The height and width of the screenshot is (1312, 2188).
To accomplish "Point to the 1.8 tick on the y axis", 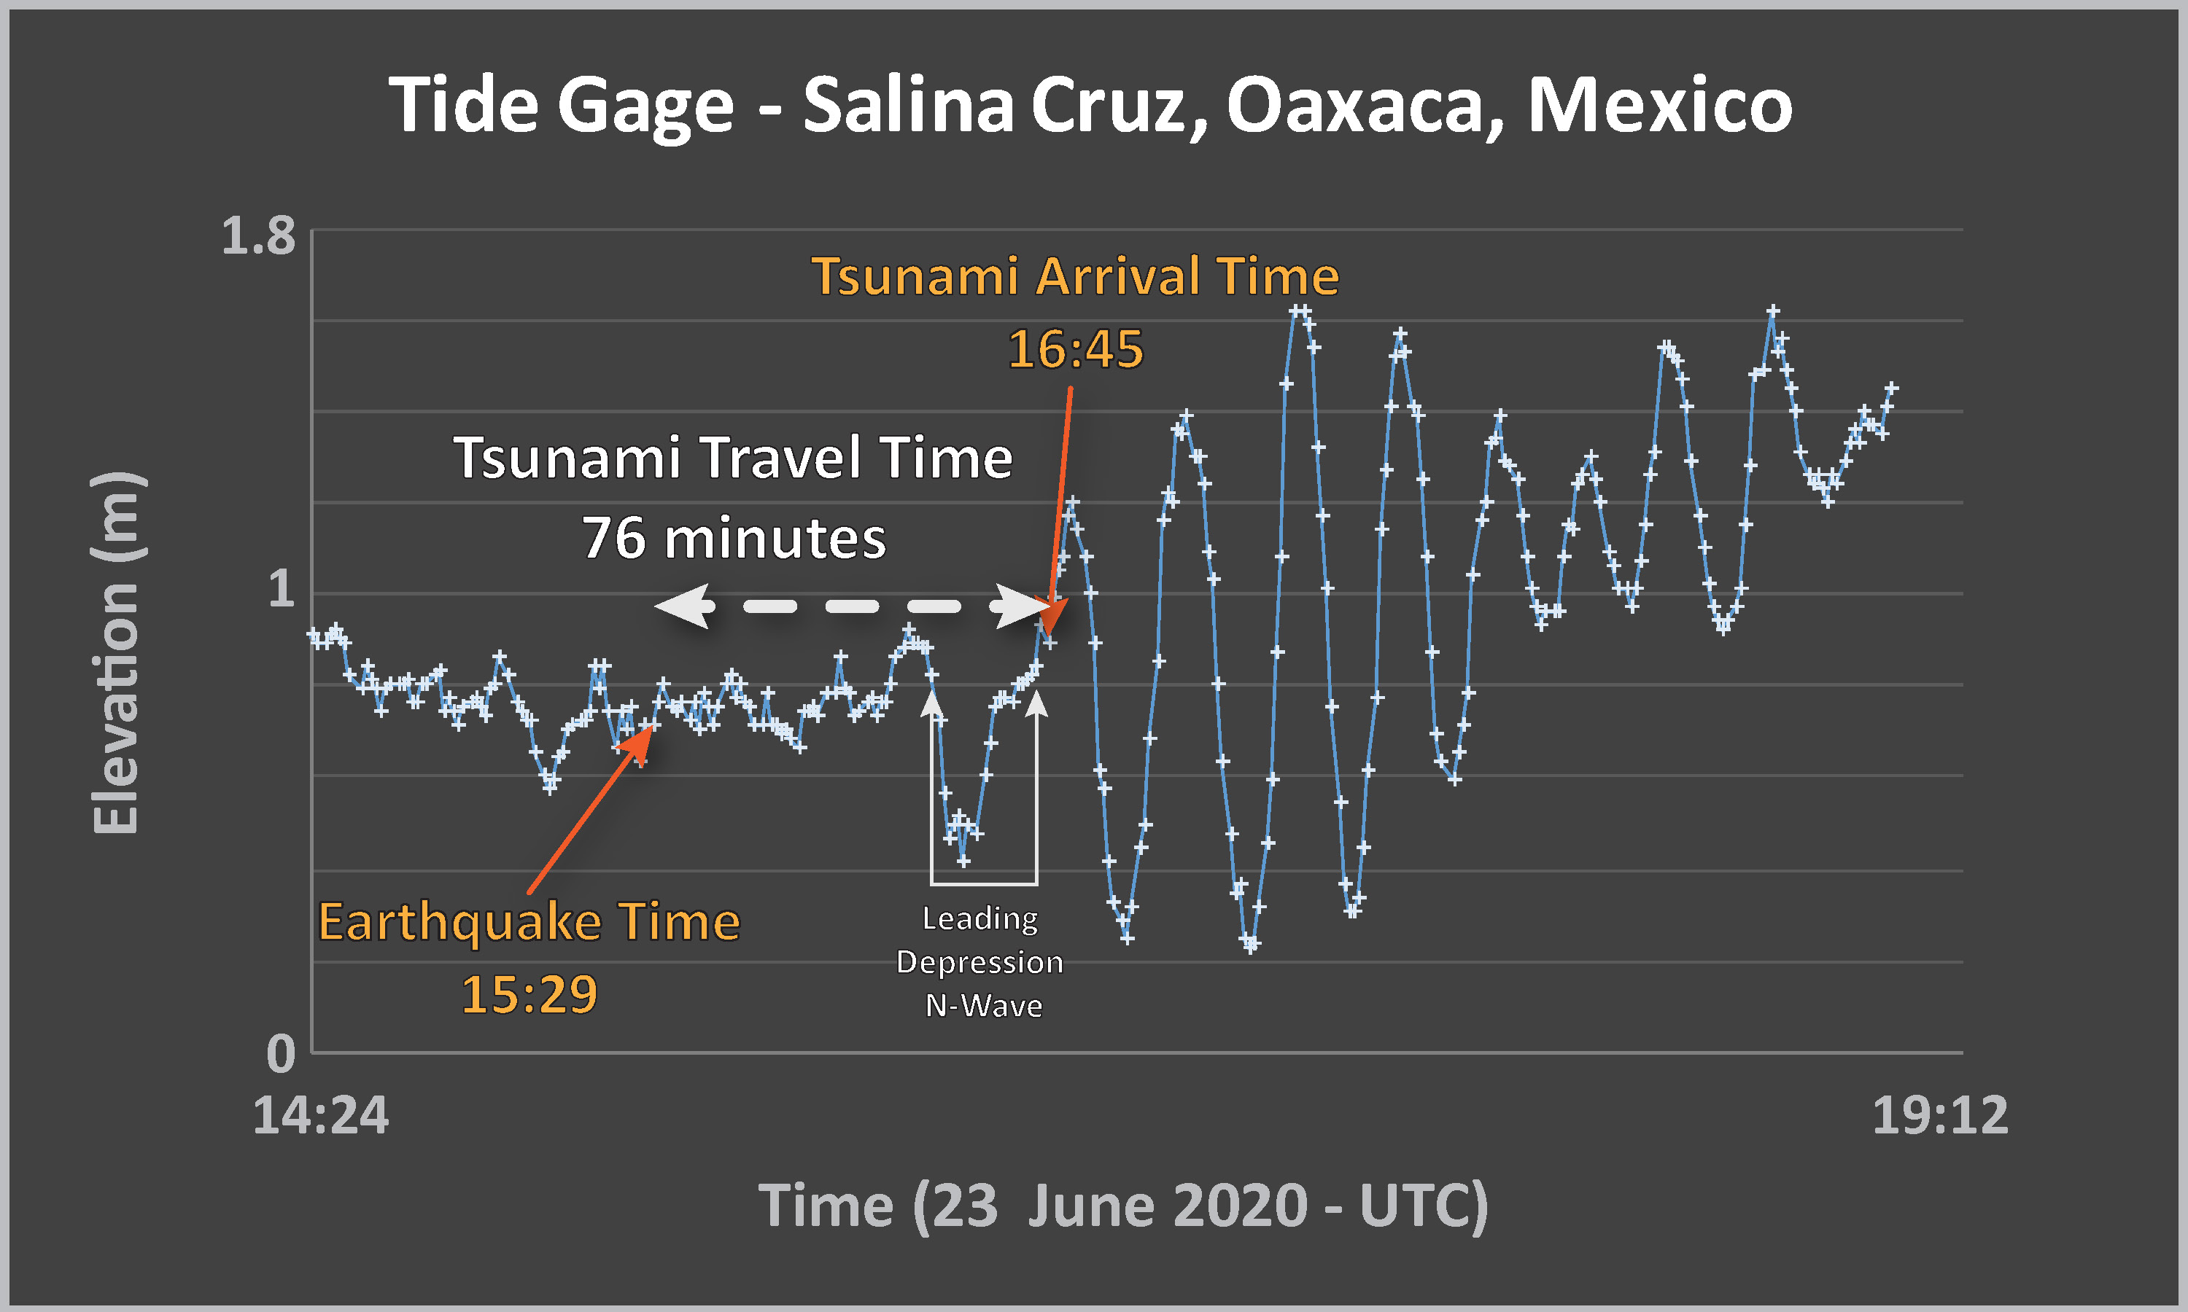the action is point(258,236).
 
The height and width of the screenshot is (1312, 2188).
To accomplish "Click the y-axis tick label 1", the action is point(282,588).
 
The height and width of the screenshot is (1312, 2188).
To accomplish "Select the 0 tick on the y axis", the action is point(282,1054).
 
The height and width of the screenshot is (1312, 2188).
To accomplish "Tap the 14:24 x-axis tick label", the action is point(320,1115).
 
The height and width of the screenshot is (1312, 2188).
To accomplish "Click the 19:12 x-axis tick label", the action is point(1940,1115).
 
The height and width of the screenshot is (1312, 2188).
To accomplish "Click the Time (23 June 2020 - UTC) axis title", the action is point(1123,1206).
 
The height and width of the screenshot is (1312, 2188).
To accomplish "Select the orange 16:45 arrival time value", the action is point(1076,348).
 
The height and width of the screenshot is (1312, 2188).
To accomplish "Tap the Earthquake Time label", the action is point(529,922).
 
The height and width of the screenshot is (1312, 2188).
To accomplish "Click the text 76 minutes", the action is point(734,537).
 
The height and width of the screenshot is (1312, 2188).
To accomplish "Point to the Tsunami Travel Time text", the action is point(733,457).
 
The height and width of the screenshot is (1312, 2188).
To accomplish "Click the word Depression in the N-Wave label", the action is point(980,962).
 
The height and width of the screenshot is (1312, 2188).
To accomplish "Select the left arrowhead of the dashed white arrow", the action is point(683,606).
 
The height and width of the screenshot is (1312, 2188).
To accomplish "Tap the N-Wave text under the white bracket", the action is point(983,1006).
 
